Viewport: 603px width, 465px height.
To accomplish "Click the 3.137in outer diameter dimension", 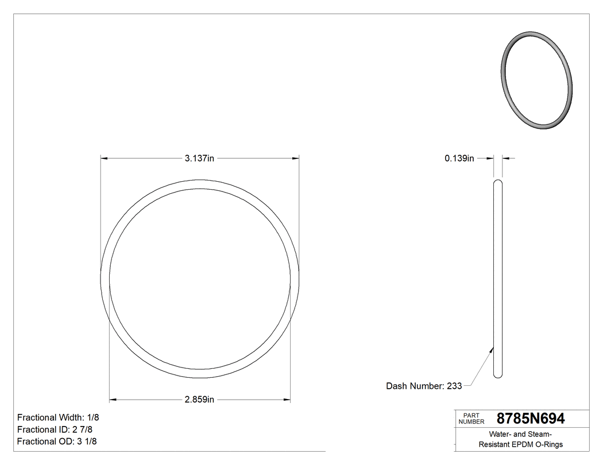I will (x=199, y=159).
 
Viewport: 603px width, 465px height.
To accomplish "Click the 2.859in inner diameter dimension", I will (x=199, y=400).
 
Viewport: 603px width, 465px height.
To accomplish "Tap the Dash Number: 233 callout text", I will (x=424, y=386).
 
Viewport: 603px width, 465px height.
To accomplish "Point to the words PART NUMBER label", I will (x=471, y=419).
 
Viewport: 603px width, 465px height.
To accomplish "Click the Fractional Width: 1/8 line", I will (x=58, y=417).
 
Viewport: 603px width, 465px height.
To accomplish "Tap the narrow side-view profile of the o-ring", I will (x=498, y=279).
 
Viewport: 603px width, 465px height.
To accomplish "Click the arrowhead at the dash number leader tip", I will (x=492, y=347).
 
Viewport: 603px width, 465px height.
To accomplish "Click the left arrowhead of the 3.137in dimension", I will (x=105, y=159).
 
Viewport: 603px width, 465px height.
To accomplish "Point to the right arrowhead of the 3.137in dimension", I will (x=296, y=159).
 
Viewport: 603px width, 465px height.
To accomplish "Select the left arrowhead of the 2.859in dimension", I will (x=113, y=400).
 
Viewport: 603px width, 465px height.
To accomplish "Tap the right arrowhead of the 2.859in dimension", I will (x=287, y=400).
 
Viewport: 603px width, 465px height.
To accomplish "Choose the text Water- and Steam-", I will (x=521, y=434).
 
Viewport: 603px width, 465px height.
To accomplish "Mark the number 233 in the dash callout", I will (x=454, y=386).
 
